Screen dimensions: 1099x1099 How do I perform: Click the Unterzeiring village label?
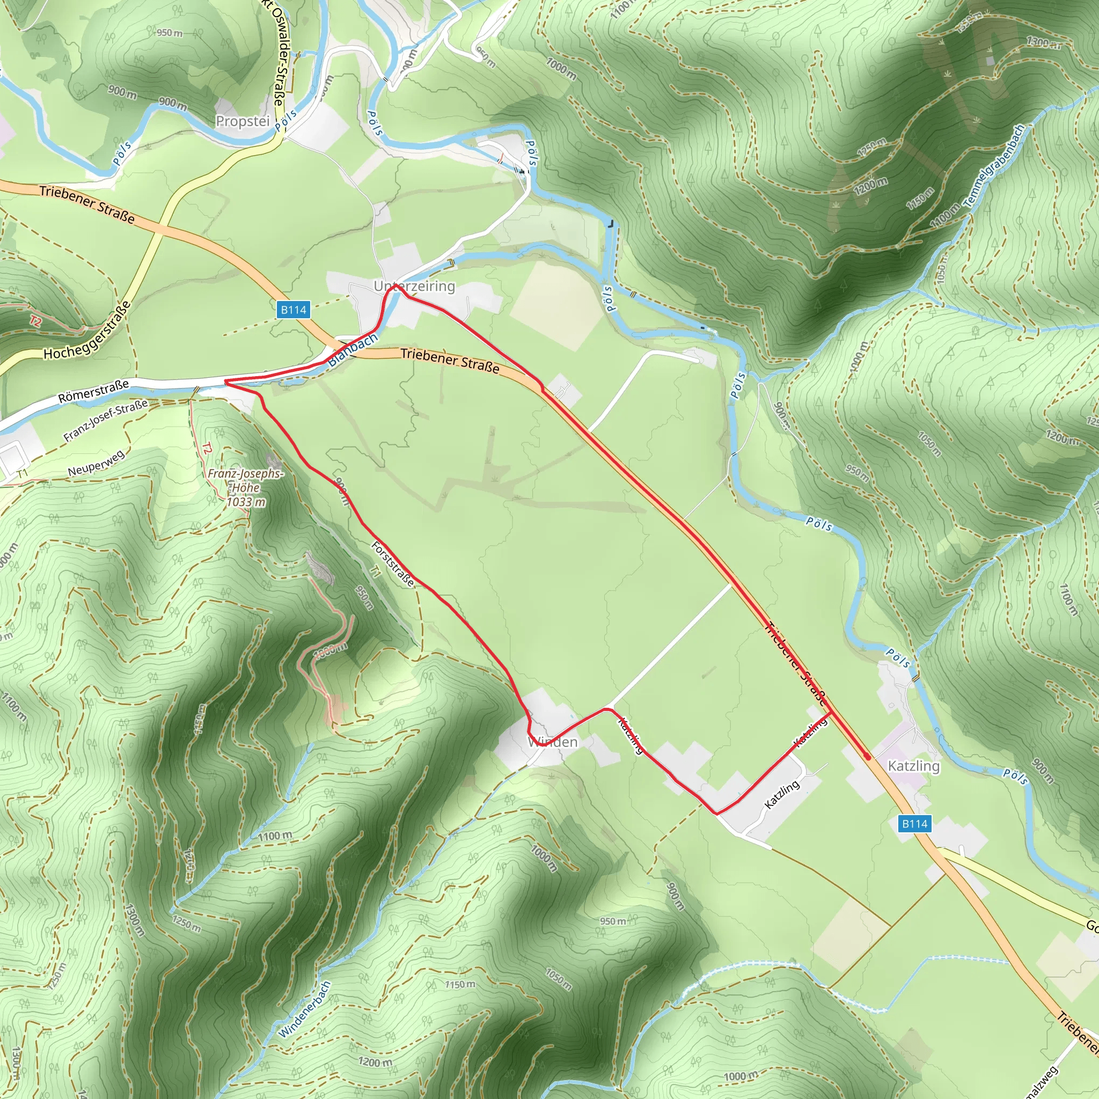[x=414, y=286]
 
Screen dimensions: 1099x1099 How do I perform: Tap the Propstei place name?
[x=243, y=121]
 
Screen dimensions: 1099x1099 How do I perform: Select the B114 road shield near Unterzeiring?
[x=294, y=310]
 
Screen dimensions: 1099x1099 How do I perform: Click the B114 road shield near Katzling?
[x=915, y=823]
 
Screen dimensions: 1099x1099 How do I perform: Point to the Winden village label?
[x=552, y=742]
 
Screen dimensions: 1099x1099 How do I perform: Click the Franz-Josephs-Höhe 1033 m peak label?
[x=245, y=487]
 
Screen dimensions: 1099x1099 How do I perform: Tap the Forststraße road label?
[x=392, y=564]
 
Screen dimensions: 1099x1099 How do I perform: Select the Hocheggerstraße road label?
[x=87, y=331]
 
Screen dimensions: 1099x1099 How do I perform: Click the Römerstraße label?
[x=94, y=392]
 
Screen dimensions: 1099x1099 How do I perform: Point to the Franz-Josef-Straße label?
[x=106, y=420]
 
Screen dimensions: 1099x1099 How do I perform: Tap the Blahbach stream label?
[x=353, y=349]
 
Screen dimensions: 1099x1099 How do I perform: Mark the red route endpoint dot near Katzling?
[x=867, y=757]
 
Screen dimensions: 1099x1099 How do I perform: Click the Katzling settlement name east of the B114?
[x=913, y=766]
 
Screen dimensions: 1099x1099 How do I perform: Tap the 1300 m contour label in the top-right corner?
[x=1043, y=42]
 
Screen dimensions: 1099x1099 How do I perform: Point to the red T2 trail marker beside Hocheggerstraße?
[x=35, y=321]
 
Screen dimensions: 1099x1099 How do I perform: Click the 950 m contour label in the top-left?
[x=170, y=33]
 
